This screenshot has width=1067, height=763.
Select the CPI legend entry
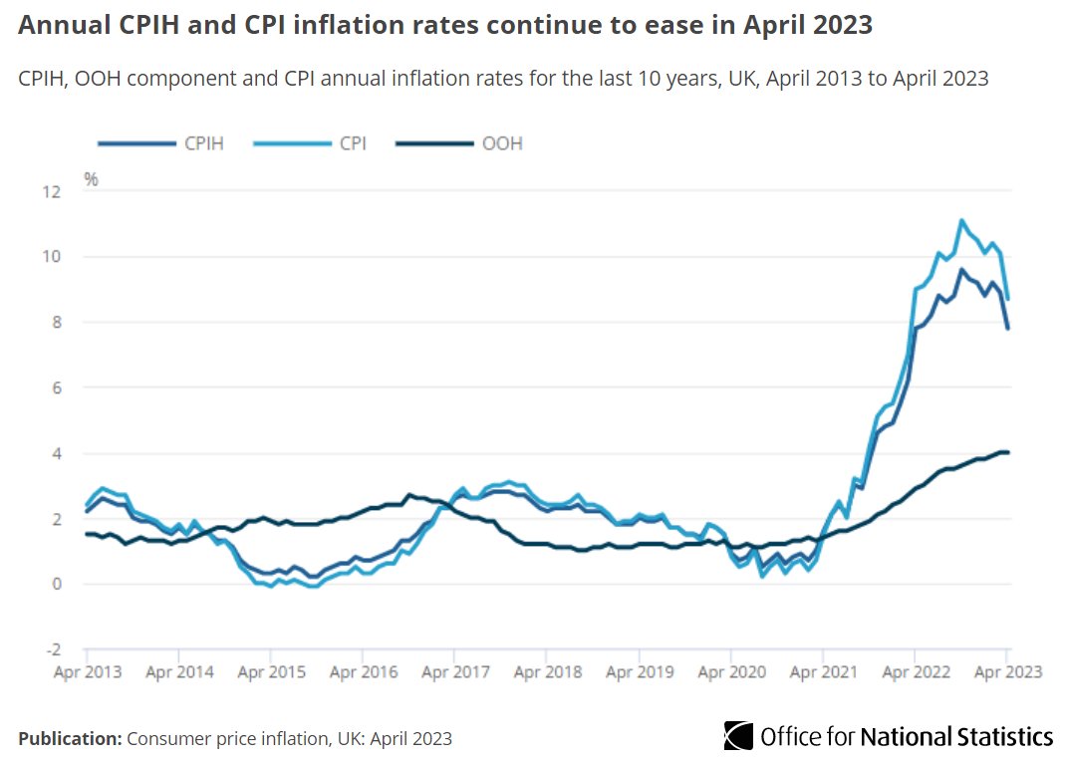(311, 143)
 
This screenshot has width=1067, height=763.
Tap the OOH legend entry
(458, 143)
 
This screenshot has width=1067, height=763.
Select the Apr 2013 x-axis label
(86, 672)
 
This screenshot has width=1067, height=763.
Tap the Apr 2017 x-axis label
(454, 672)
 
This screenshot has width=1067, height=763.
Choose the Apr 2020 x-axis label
(731, 672)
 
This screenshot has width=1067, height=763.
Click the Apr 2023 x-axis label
(1007, 672)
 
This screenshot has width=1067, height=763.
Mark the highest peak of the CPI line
(960, 220)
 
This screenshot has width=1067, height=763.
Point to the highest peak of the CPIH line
(960, 269)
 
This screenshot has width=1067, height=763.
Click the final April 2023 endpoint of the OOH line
(1007, 452)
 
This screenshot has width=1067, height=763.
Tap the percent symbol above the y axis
(91, 180)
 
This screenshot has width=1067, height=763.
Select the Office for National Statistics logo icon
(738, 736)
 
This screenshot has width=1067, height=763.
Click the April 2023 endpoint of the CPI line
(1007, 299)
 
